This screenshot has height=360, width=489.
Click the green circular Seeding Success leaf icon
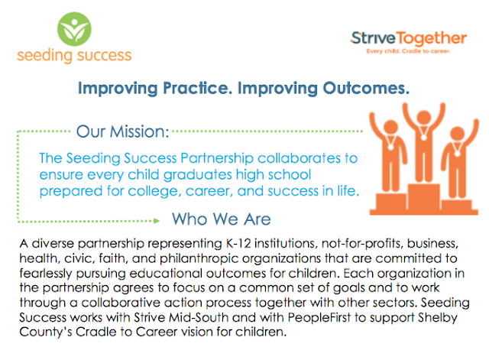pos(74,29)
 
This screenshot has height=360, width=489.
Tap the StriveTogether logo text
pos(409,39)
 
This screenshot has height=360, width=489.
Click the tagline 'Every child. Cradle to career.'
pos(408,51)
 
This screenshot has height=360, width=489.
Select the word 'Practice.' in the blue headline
pos(198,89)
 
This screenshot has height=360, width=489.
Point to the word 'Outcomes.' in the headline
pos(366,89)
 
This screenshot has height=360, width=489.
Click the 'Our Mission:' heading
pos(122,131)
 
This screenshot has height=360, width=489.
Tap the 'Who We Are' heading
pos(222,219)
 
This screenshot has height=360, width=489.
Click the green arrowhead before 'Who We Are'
pos(157,221)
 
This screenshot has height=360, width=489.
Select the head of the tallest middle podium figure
pos(423,118)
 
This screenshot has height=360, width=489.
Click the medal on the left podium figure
pos(390,146)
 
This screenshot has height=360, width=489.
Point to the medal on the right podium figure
pos(457,153)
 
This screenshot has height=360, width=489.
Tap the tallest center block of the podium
pos(423,199)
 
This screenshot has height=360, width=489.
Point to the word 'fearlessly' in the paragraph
pos(46,274)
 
